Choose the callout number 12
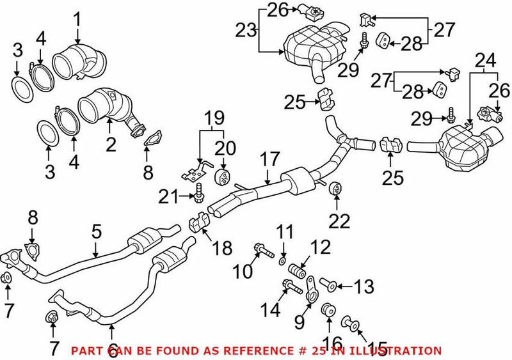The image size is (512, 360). (322, 246)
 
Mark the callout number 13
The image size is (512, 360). (364, 287)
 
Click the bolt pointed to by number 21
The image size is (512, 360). (199, 191)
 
